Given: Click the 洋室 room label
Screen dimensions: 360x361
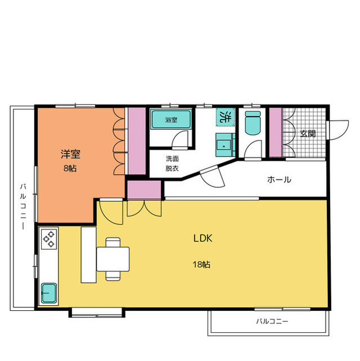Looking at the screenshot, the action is pos(70,154).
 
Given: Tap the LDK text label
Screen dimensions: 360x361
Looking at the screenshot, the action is pos(203,238).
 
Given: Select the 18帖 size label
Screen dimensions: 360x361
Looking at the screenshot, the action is pos(201,265).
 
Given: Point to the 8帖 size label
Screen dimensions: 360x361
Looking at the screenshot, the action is pos(70,169).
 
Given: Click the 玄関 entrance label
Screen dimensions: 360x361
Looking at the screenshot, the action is pos(308,133).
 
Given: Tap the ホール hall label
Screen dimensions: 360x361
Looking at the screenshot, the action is pos(279,179).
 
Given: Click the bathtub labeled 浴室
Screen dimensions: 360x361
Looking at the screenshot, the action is pos(171,119).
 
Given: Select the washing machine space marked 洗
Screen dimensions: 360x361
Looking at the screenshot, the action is pos(225,117).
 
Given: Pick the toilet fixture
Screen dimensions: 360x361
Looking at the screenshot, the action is pos(252,122).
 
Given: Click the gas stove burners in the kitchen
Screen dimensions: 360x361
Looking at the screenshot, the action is pos(49,239).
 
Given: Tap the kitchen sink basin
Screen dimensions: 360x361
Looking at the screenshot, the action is pos(49,293).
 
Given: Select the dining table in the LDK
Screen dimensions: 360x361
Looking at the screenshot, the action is pos(113,259).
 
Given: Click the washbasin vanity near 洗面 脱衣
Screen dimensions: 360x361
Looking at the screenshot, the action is pos(225,145).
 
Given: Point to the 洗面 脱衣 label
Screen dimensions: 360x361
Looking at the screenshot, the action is pos(172,164).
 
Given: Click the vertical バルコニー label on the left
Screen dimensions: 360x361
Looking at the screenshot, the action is pos(23,206).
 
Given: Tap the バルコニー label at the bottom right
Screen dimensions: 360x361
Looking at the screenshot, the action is pos(272,321).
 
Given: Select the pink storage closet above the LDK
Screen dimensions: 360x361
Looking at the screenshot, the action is pos(144,190).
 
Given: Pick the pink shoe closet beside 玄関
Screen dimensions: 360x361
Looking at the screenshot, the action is pos(275,132).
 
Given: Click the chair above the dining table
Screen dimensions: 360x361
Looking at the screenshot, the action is pos(113,242).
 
